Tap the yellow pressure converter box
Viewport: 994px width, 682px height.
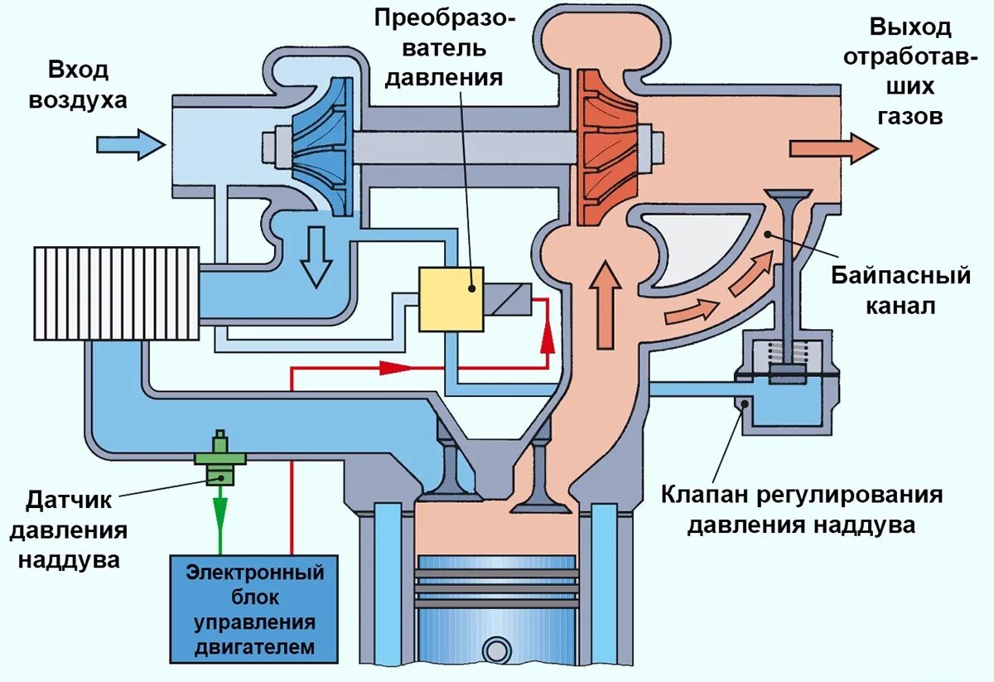451,299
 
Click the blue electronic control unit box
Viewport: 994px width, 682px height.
254,608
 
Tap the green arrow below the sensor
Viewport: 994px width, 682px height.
220,519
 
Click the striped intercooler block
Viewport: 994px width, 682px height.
116,293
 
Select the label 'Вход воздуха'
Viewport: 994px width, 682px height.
79,85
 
